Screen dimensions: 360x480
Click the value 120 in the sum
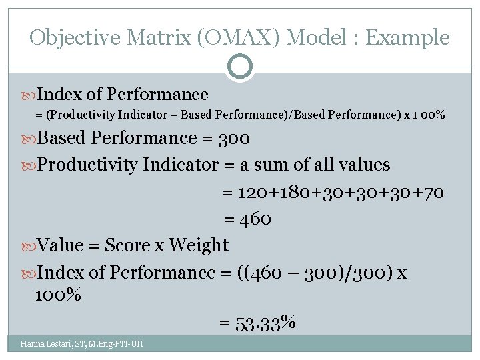coord(253,192)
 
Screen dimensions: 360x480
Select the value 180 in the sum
coord(293,192)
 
